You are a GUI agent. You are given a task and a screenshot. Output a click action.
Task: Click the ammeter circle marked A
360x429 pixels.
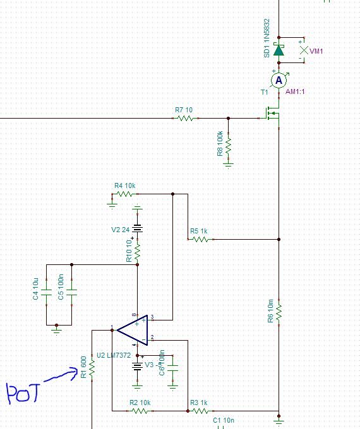coord(279,80)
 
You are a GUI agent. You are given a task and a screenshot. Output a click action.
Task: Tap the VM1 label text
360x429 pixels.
coord(316,51)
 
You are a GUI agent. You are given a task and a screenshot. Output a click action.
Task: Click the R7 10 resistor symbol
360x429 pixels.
coord(185,118)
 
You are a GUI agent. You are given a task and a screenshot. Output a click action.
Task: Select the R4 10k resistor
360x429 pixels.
coord(125,194)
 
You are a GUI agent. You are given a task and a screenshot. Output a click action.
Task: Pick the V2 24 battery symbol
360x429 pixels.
coord(137,230)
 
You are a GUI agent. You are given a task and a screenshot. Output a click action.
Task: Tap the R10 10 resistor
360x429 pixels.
coord(137,253)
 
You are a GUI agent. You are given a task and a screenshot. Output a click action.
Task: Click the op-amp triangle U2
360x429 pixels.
coord(133,330)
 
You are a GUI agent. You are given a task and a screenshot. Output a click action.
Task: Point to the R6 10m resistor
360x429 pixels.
coord(279,312)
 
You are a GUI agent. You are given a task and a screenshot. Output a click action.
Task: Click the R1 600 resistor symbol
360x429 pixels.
coord(92,367)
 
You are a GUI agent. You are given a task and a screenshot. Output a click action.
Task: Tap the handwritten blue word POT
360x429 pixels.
coord(23,394)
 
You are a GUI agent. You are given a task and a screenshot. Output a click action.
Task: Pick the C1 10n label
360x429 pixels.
coord(223,420)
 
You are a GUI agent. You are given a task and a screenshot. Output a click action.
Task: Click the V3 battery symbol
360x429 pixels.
coord(137,366)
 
